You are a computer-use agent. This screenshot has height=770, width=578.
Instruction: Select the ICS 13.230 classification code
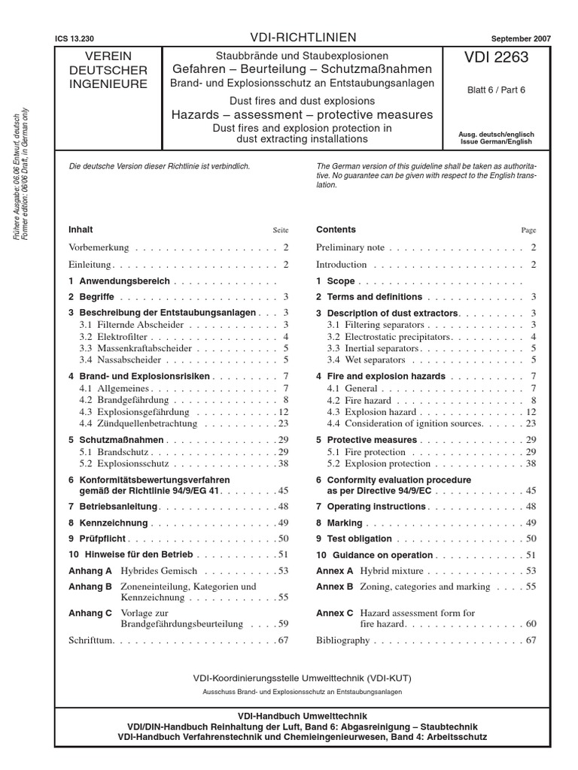tap(75, 38)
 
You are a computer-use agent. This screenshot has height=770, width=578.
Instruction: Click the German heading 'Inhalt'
tap(81, 229)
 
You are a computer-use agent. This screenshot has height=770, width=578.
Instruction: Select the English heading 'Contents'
tap(336, 229)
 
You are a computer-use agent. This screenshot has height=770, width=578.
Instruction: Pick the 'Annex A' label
tap(334, 571)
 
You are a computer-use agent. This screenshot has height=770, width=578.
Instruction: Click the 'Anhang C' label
tap(90, 614)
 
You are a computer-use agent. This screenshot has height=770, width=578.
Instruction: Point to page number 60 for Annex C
tap(530, 624)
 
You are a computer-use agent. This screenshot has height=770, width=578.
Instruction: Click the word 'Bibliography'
tap(343, 641)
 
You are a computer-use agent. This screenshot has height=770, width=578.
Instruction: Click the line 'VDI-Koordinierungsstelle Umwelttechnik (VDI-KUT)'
tap(302, 678)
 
